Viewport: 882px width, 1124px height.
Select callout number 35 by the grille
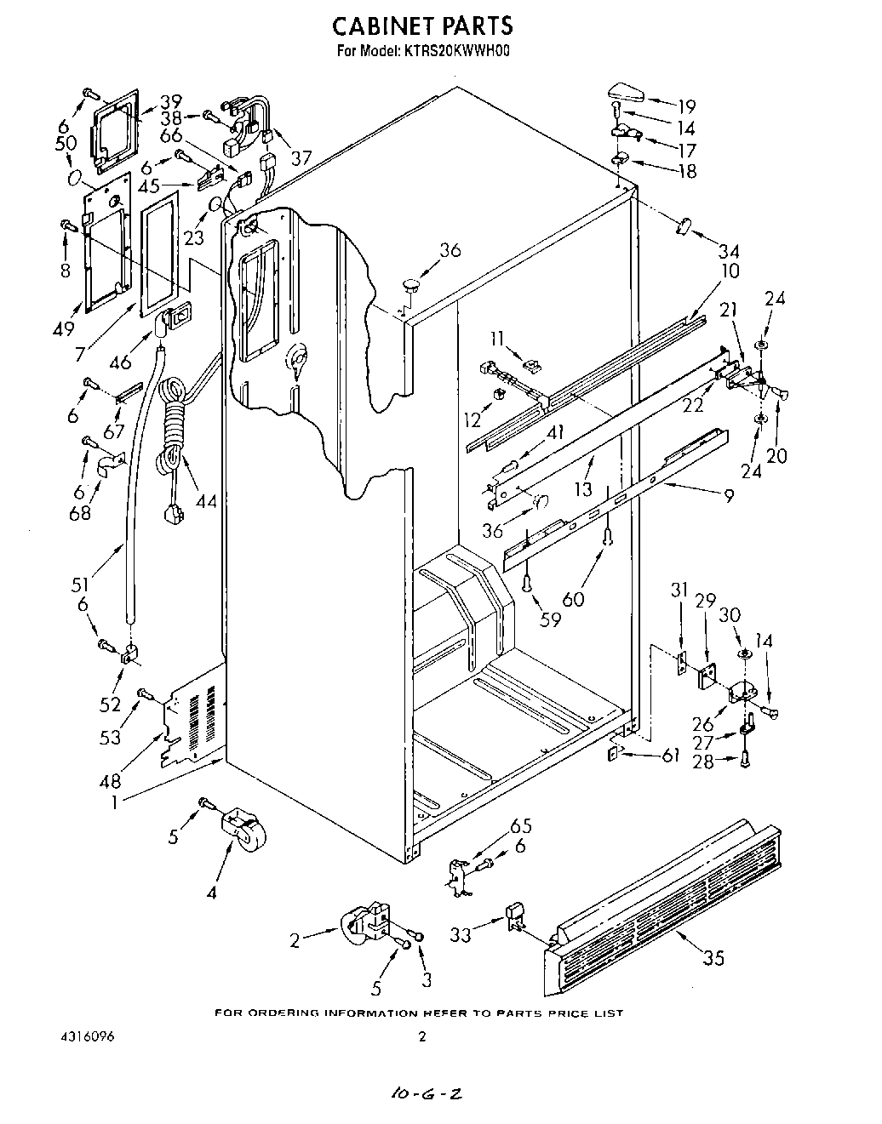[x=713, y=958]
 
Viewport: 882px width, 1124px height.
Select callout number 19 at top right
[x=685, y=106]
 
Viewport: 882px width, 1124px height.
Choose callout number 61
[x=670, y=754]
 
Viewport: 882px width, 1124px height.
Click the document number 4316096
[x=89, y=1037]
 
